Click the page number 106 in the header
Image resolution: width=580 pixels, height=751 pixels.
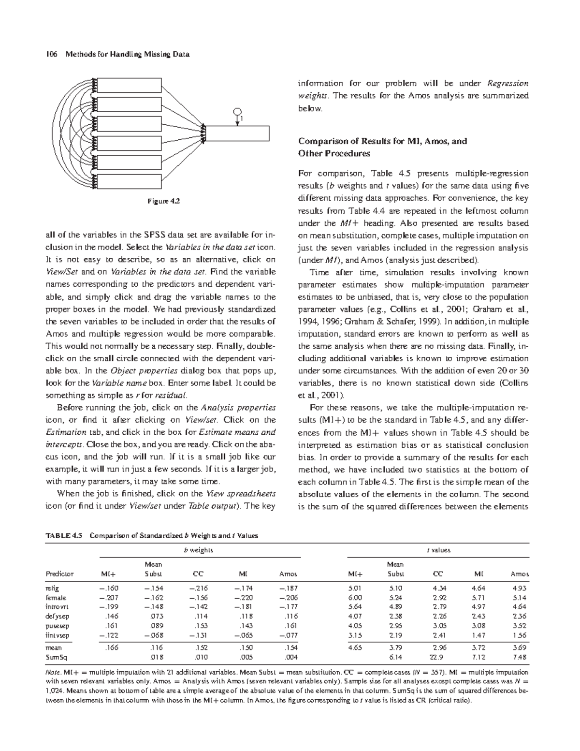pos(50,54)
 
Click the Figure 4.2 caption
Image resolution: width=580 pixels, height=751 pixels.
pos(163,201)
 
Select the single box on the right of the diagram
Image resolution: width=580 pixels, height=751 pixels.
pos(237,133)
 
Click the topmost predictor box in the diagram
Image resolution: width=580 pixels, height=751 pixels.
pos(130,85)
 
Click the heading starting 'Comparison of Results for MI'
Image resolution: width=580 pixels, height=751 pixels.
pos(382,141)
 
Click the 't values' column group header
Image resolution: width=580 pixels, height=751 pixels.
pos(438,550)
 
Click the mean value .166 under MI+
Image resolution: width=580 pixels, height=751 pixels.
pos(111,647)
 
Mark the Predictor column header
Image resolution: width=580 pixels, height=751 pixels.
pos(59,574)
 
